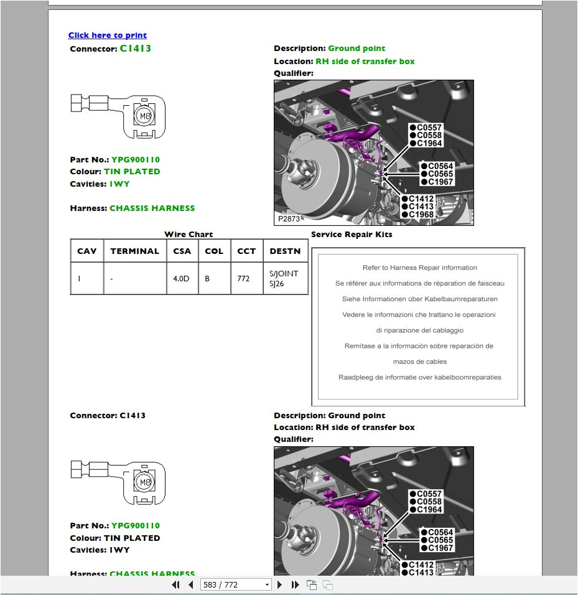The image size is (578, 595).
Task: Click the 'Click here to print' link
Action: [107, 35]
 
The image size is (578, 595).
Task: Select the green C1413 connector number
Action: [135, 49]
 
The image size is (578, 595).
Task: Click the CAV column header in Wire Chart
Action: [86, 251]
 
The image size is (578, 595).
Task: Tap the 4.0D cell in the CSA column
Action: [181, 279]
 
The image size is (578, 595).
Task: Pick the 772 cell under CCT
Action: [243, 279]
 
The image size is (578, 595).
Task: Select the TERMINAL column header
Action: [134, 251]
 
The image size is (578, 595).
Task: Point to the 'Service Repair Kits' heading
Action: [352, 235]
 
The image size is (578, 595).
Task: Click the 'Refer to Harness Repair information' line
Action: [419, 268]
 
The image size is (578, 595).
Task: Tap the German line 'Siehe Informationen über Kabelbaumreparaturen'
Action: [419, 299]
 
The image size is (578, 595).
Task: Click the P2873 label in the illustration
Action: [289, 219]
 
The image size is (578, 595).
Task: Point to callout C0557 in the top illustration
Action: [429, 128]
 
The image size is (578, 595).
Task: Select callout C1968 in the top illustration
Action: [421, 215]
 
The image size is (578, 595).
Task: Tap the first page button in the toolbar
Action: [175, 585]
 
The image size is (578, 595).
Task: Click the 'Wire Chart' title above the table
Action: [189, 235]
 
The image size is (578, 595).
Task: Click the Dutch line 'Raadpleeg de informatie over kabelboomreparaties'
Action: [419, 377]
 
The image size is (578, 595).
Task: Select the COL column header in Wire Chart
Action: [214, 251]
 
